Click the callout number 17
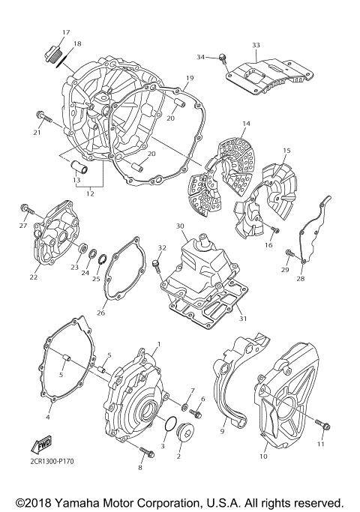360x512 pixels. pos(66,32)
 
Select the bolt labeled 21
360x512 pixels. pos(41,116)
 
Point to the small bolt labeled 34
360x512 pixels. pos(223,58)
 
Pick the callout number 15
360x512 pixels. pos(286,151)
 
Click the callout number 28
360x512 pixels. pos(300,278)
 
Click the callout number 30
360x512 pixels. pos(179,226)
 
